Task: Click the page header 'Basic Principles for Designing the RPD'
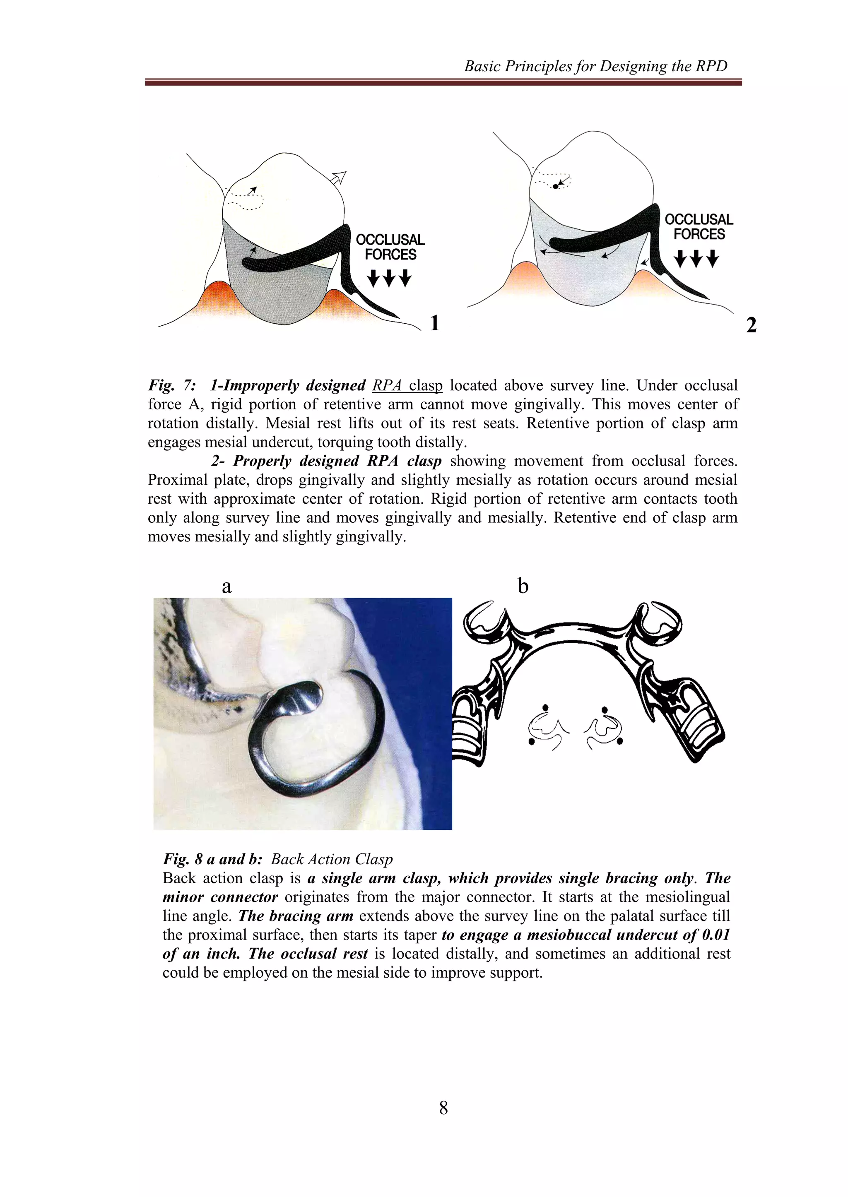[x=595, y=66]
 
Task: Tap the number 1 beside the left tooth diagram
[x=434, y=323]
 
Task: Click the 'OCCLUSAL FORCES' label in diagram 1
[x=390, y=248]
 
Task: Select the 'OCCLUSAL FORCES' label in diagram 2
[x=699, y=226]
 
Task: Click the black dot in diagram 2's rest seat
[x=556, y=185]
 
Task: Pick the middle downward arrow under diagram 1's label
[x=389, y=278]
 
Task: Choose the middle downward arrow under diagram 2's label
[x=696, y=258]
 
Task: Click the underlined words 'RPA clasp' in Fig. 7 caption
[x=407, y=386]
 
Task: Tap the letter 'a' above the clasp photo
[x=226, y=586]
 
